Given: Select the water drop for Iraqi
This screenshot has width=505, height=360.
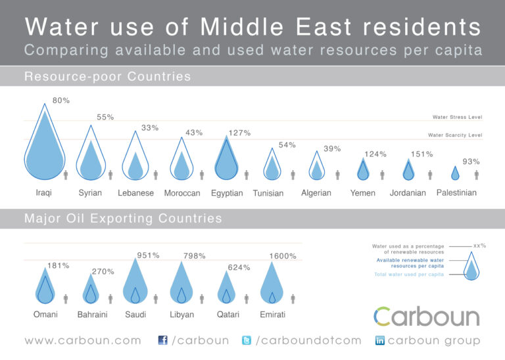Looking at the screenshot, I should click(x=44, y=148).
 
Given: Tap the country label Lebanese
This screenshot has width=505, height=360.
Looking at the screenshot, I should click(x=135, y=193).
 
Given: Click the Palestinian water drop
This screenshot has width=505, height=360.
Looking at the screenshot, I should click(x=455, y=173).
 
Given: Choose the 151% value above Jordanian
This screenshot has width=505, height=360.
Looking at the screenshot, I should click(x=421, y=154).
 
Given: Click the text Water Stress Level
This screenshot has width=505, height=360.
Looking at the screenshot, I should click(x=457, y=118).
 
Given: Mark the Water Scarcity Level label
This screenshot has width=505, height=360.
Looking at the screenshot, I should click(x=454, y=135).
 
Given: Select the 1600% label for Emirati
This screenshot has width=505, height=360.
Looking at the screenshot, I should click(x=283, y=256).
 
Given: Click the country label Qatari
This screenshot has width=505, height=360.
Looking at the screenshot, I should click(x=228, y=315).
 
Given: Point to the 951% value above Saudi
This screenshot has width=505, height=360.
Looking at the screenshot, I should click(x=148, y=256).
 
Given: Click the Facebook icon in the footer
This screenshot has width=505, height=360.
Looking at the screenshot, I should click(x=163, y=340).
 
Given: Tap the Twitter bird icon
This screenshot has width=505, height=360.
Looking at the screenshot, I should click(x=247, y=340).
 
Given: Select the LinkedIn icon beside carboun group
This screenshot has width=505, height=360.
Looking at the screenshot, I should click(x=379, y=340).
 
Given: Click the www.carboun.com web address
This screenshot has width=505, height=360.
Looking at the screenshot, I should click(x=83, y=340).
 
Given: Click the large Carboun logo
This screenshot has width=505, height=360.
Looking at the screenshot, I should click(x=427, y=316).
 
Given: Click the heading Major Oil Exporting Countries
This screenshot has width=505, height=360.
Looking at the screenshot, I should click(x=123, y=218).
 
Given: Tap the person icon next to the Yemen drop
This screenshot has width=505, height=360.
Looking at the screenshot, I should click(x=382, y=175).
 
